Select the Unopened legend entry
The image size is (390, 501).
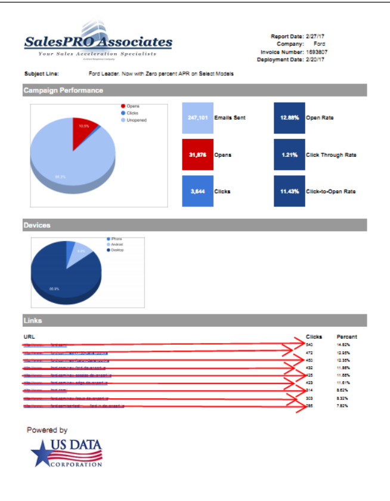136,120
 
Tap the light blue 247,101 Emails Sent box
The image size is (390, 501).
197,117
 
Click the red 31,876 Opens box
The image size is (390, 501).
197,155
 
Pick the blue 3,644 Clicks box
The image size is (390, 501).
197,191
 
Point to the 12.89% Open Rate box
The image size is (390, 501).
289,117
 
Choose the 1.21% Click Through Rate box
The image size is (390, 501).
289,155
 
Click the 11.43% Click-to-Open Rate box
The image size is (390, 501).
289,191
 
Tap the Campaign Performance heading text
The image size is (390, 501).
63,91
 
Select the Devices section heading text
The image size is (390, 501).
37,225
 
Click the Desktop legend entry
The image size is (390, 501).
117,250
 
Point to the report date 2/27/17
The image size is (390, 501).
315,36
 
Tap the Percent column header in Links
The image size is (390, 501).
346,336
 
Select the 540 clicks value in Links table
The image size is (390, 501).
309,345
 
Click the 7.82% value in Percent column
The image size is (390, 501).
342,406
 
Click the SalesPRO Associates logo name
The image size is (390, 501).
98,42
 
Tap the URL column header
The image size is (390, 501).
29,336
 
